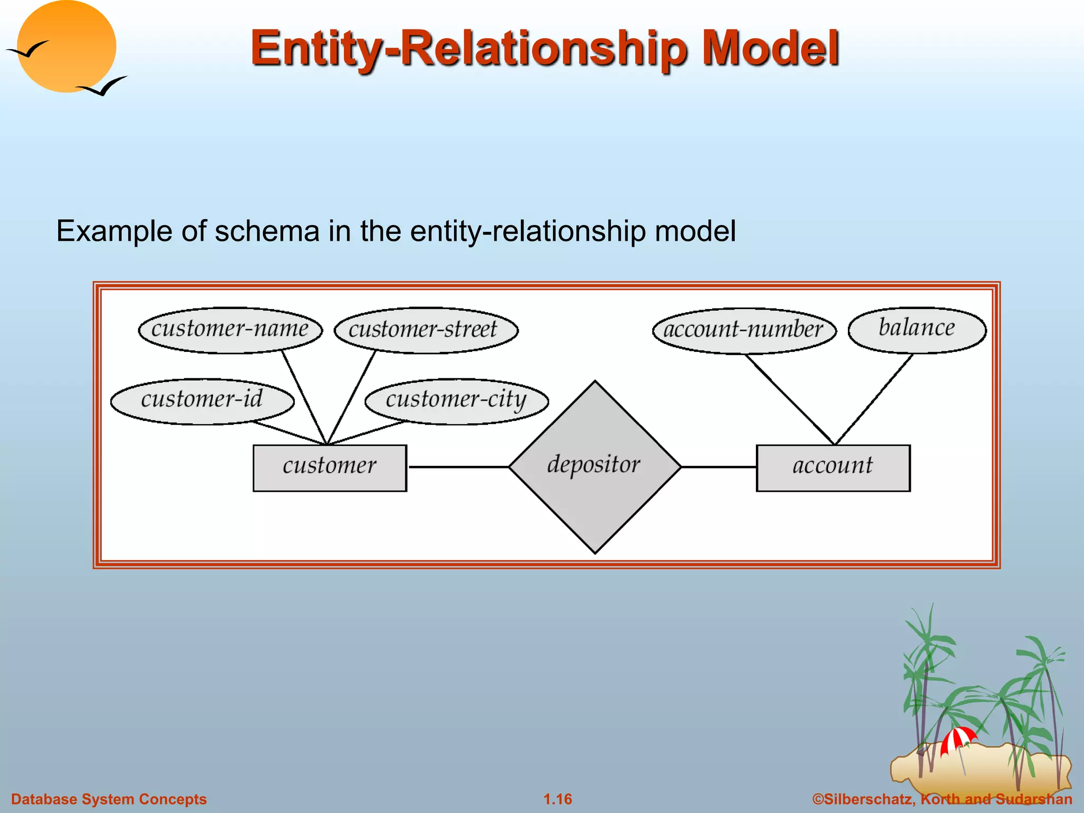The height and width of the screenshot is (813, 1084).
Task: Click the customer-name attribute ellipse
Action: pos(230,330)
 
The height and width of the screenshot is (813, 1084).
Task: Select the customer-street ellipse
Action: pos(426,330)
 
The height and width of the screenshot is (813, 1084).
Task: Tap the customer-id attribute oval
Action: pos(202,400)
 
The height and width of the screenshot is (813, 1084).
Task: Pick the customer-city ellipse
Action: pos(456,400)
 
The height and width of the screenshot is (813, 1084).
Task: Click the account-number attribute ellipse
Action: pos(744,330)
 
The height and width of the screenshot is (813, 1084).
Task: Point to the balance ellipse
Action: pos(917,329)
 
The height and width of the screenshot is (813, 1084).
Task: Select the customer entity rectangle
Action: pos(330,467)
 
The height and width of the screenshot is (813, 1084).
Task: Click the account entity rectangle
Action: pos(833,467)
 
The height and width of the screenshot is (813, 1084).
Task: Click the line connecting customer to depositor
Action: pos(458,467)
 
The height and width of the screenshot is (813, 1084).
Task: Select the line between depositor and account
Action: pos(718,467)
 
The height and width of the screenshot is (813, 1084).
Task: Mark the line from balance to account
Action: pos(873,400)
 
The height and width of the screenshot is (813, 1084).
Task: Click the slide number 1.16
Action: pos(557,799)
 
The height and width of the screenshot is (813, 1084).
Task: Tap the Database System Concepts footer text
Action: pos(109,799)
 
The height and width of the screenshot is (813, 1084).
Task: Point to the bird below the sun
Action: pos(103,86)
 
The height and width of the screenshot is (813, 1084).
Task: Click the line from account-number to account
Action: pos(790,400)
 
